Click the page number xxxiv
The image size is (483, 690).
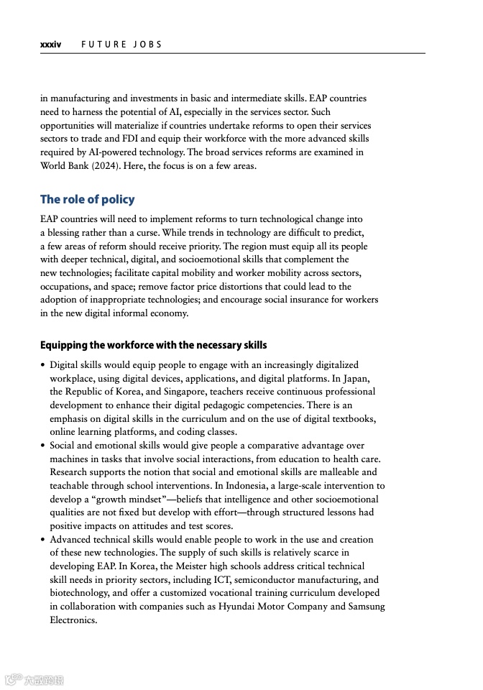pyautogui.click(x=50, y=45)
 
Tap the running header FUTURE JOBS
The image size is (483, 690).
pyautogui.click(x=121, y=45)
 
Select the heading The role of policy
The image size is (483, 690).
pyautogui.click(x=87, y=199)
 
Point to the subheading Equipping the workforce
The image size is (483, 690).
pyautogui.click(x=153, y=345)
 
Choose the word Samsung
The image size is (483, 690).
pyautogui.click(x=366, y=607)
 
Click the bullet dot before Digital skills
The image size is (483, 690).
pyautogui.click(x=43, y=365)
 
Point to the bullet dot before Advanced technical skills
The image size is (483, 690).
pyautogui.click(x=43, y=540)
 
